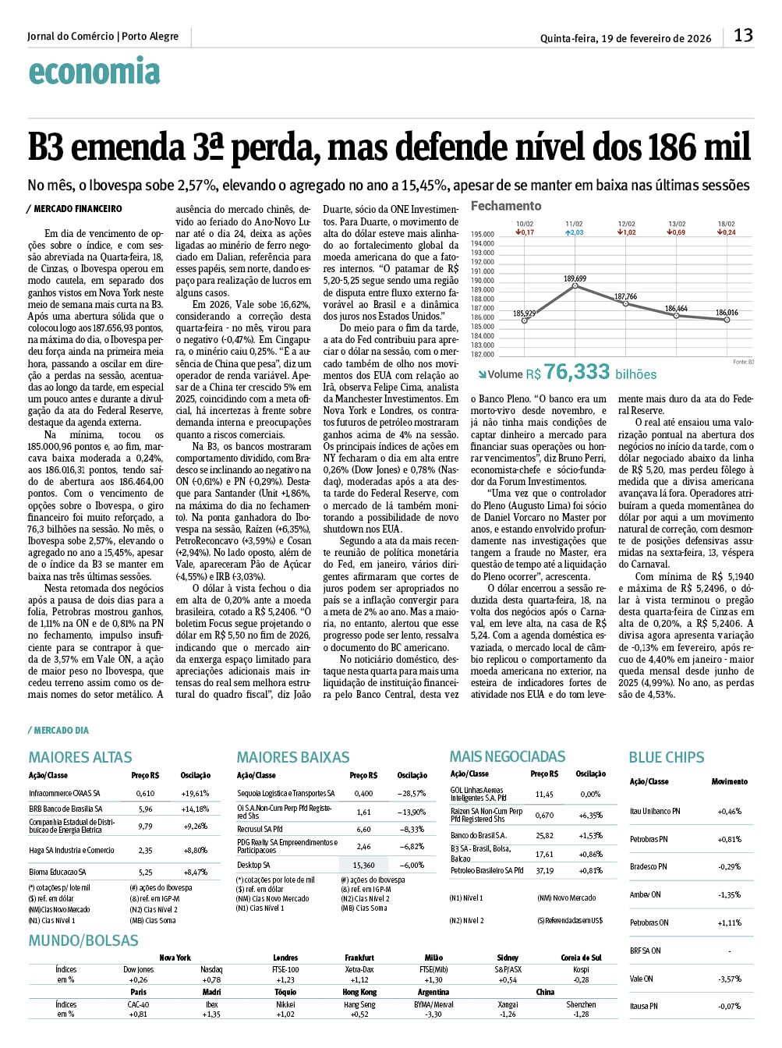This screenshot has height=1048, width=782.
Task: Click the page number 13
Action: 743,35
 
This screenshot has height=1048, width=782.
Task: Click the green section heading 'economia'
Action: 94,72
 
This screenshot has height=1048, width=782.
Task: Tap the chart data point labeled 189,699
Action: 575,286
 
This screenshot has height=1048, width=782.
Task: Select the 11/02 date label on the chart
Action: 575,224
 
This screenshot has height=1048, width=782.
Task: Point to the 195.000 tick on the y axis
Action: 483,234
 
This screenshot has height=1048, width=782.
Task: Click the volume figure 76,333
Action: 577,372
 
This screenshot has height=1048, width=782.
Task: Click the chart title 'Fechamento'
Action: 505,206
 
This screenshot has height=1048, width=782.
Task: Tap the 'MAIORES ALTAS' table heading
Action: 80,757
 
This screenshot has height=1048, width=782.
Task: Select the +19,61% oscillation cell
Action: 196,793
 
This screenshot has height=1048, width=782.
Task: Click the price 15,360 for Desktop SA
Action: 363,865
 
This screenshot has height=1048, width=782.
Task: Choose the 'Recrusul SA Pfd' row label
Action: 260,829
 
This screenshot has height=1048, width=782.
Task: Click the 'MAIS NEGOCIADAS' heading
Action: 507,756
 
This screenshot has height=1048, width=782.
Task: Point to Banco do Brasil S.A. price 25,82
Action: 544,835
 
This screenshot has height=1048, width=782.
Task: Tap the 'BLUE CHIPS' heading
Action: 666,757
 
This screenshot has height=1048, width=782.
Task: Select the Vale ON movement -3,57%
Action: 729,979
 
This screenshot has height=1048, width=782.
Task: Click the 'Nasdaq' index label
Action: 211,969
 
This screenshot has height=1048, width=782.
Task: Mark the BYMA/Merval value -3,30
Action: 433,1014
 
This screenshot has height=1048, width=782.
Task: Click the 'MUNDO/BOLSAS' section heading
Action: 83,940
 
